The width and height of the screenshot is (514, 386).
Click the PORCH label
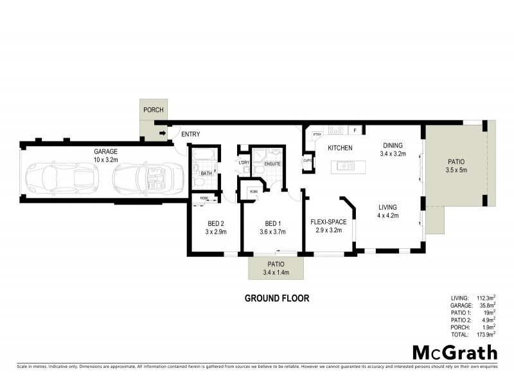154,110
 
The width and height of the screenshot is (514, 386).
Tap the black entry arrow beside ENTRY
163,134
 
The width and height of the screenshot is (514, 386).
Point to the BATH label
206,173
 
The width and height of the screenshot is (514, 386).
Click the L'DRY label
244,163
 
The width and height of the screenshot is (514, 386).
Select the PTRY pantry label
317,134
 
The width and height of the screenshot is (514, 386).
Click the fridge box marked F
354,131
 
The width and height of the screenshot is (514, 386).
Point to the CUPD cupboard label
308,160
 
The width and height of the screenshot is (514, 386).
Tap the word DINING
393,145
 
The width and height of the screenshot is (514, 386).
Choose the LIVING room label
387,207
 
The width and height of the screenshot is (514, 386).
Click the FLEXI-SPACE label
328,222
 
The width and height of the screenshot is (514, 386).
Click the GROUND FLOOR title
277,299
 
